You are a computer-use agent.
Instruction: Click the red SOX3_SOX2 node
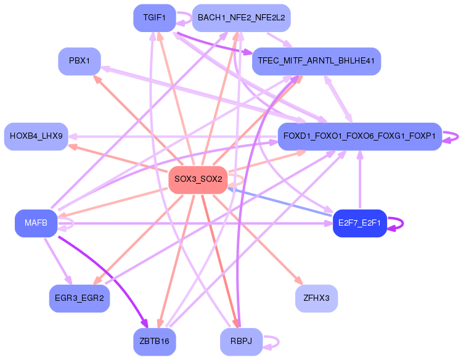click(198, 180)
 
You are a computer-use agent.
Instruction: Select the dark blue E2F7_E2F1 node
click(359, 223)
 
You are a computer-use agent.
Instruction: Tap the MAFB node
click(36, 223)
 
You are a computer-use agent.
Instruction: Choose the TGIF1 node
click(154, 18)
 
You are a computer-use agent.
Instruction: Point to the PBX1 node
click(80, 61)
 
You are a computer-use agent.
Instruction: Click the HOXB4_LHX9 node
click(36, 136)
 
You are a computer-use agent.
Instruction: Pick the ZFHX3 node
click(316, 298)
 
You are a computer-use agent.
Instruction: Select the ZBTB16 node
click(154, 342)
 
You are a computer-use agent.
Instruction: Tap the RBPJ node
click(241, 342)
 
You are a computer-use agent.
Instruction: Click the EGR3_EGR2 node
click(80, 298)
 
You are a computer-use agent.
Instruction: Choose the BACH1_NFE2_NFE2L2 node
click(242, 18)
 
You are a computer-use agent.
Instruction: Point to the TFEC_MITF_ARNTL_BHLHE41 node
click(316, 61)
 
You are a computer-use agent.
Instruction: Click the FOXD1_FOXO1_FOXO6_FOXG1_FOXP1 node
click(359, 136)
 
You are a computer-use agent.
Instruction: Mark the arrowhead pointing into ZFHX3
click(299, 280)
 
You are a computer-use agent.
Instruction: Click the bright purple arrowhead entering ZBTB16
click(145, 324)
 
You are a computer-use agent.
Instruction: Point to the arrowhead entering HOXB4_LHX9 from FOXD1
click(72, 137)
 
